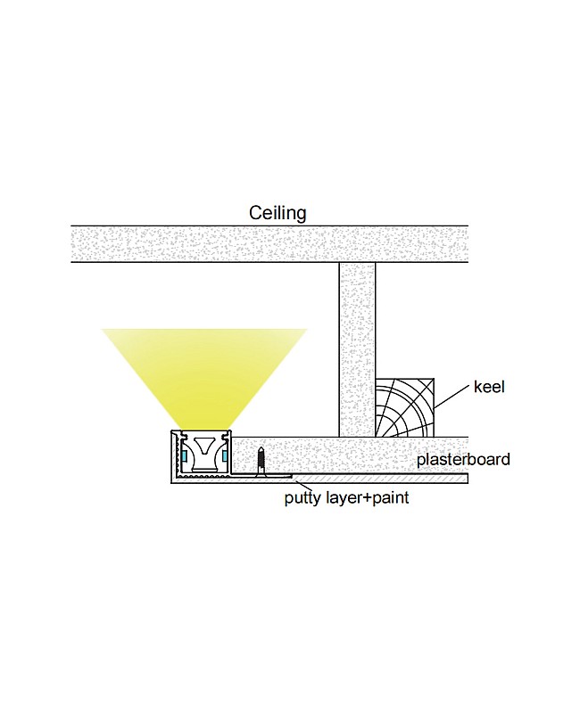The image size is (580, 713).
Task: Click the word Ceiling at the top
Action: (278, 213)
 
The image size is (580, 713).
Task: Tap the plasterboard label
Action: (463, 460)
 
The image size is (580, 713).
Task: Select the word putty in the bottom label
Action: (302, 498)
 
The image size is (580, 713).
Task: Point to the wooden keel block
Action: (405, 407)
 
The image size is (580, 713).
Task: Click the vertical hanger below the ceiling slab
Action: (357, 348)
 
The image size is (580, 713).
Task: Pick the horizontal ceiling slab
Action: (268, 243)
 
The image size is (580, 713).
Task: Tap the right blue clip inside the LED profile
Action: (224, 456)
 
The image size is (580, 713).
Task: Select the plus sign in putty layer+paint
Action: (366, 498)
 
